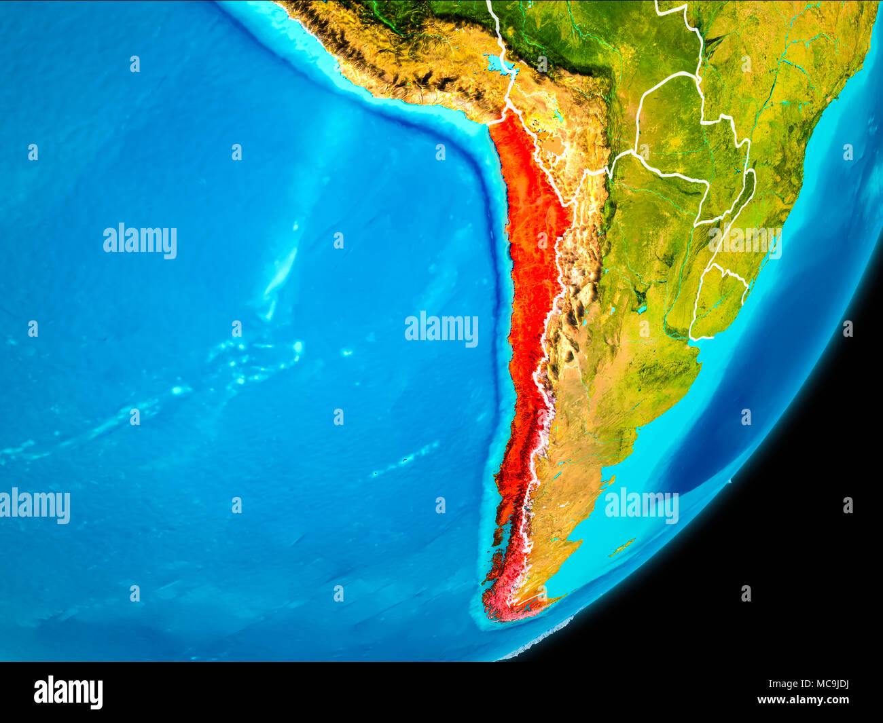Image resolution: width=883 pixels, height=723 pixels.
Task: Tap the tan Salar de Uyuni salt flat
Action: pyautogui.click(x=556, y=147)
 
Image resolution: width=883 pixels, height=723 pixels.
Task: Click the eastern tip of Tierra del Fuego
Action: pyautogui.click(x=560, y=598)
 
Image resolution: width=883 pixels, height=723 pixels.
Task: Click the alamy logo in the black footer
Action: pyautogui.click(x=68, y=692)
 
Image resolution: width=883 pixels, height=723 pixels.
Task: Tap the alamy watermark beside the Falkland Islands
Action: pyautogui.click(x=641, y=506)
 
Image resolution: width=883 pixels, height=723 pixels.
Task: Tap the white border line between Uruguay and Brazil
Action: pyautogui.click(x=730, y=274)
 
